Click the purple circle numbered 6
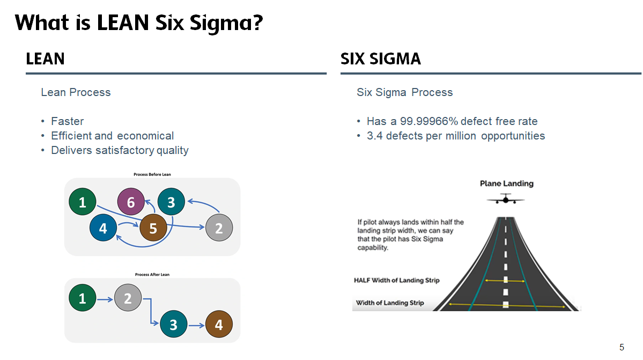click(131, 202)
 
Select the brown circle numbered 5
click(153, 229)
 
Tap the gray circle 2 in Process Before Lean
click(219, 229)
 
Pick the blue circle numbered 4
click(103, 229)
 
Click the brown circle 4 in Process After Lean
click(218, 325)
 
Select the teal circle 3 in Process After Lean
click(173, 325)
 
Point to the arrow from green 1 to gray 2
click(105, 298)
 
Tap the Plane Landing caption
click(506, 183)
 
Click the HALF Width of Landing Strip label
click(396, 281)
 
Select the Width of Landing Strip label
click(390, 303)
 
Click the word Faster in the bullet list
click(68, 121)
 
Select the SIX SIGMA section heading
click(381, 59)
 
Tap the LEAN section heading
click(45, 59)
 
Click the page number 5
click(622, 347)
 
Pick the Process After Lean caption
click(152, 275)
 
